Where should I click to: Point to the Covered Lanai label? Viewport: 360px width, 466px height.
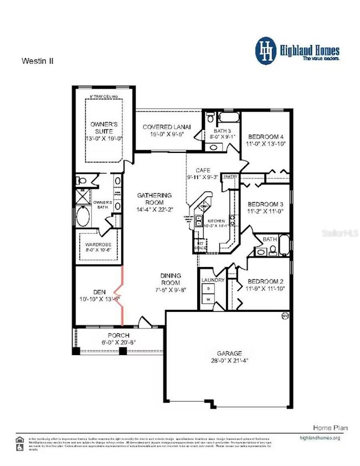(167, 127)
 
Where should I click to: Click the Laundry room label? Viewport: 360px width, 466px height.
(213, 280)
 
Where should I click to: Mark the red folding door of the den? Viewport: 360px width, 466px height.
(121, 294)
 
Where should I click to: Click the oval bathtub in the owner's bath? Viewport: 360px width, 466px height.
(83, 216)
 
